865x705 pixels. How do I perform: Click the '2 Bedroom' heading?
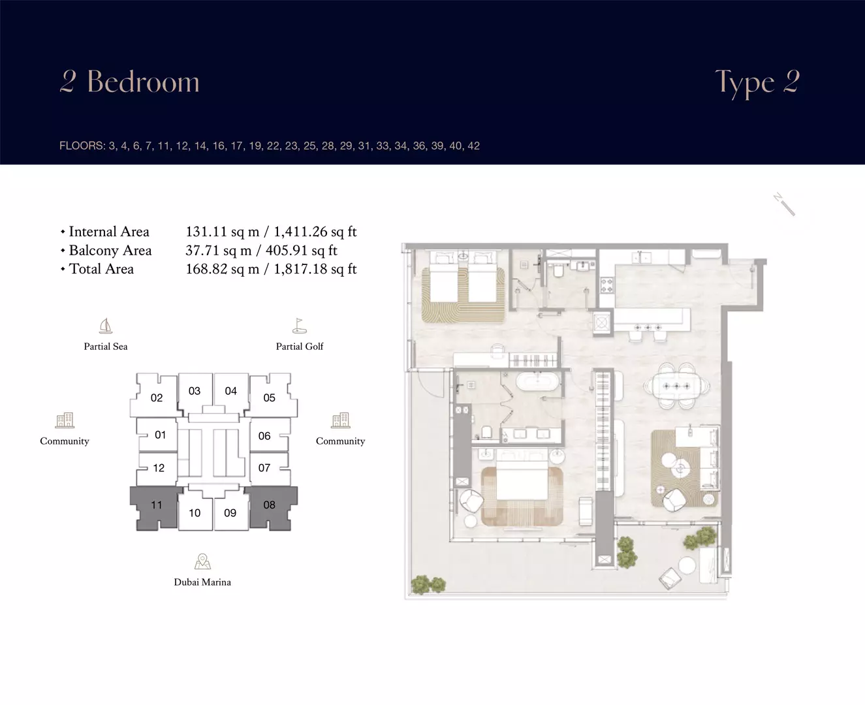tap(129, 81)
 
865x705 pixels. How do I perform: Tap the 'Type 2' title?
tap(757, 83)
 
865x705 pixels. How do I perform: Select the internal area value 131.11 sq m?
tap(222, 232)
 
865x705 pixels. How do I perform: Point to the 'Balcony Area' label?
tap(110, 250)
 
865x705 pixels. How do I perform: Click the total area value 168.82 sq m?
tap(222, 269)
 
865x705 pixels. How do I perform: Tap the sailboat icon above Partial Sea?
tap(106, 326)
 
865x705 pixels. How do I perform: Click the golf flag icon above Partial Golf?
tap(299, 326)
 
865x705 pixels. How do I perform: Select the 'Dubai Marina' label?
tap(202, 582)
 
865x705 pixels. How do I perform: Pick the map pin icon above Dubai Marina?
tap(202, 561)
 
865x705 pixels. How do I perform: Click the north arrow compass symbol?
tap(784, 204)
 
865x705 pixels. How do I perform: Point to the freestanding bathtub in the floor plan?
tap(537, 382)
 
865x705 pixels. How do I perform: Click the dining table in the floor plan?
tap(676, 385)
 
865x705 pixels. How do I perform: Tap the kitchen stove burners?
tap(607, 285)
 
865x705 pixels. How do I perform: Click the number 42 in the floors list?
tap(473, 146)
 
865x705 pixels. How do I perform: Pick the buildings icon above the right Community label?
tap(340, 420)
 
